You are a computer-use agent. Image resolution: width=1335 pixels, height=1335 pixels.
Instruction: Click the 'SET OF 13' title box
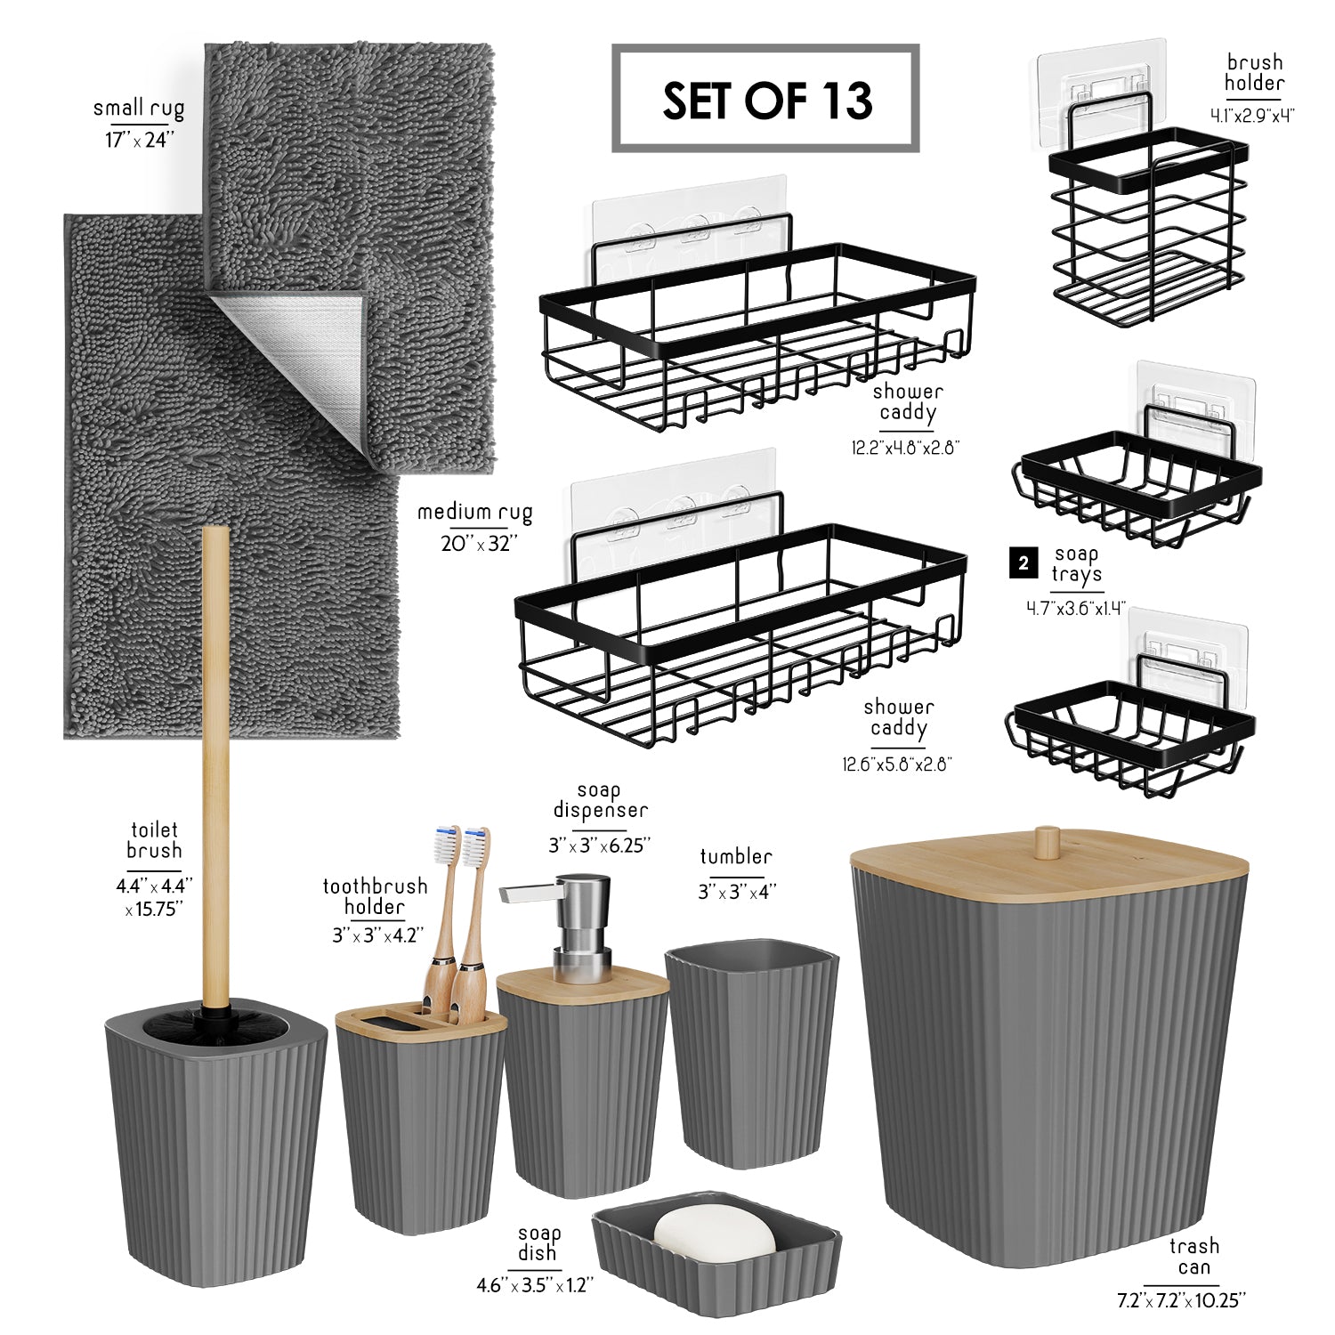tap(765, 99)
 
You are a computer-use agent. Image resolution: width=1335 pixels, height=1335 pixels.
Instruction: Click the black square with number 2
tap(1023, 563)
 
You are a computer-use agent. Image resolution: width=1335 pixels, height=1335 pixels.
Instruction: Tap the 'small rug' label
tap(139, 109)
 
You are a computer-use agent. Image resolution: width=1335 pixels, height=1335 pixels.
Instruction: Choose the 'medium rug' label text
tap(475, 513)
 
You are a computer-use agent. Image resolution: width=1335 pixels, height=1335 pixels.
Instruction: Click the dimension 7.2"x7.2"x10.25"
tap(1181, 1300)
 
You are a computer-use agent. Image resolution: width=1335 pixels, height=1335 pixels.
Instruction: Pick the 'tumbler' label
tap(736, 857)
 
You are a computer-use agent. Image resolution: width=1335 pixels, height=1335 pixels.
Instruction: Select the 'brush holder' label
tap(1254, 73)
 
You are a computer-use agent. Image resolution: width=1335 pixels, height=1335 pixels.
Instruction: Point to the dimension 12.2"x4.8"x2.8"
tap(905, 448)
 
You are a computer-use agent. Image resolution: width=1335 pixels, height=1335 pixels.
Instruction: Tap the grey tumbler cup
tap(752, 1054)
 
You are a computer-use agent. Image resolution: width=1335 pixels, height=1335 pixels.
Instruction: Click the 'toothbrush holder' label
tap(375, 896)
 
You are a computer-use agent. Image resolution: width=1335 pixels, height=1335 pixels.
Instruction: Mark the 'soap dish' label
tap(539, 1243)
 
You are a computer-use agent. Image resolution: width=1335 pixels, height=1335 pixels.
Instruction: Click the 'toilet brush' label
tap(154, 840)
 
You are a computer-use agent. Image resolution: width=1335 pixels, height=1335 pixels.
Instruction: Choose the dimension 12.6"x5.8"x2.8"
tap(897, 764)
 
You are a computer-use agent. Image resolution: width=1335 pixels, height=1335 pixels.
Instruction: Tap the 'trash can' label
tap(1194, 1257)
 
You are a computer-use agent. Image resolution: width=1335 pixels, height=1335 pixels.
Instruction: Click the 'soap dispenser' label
tap(600, 800)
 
